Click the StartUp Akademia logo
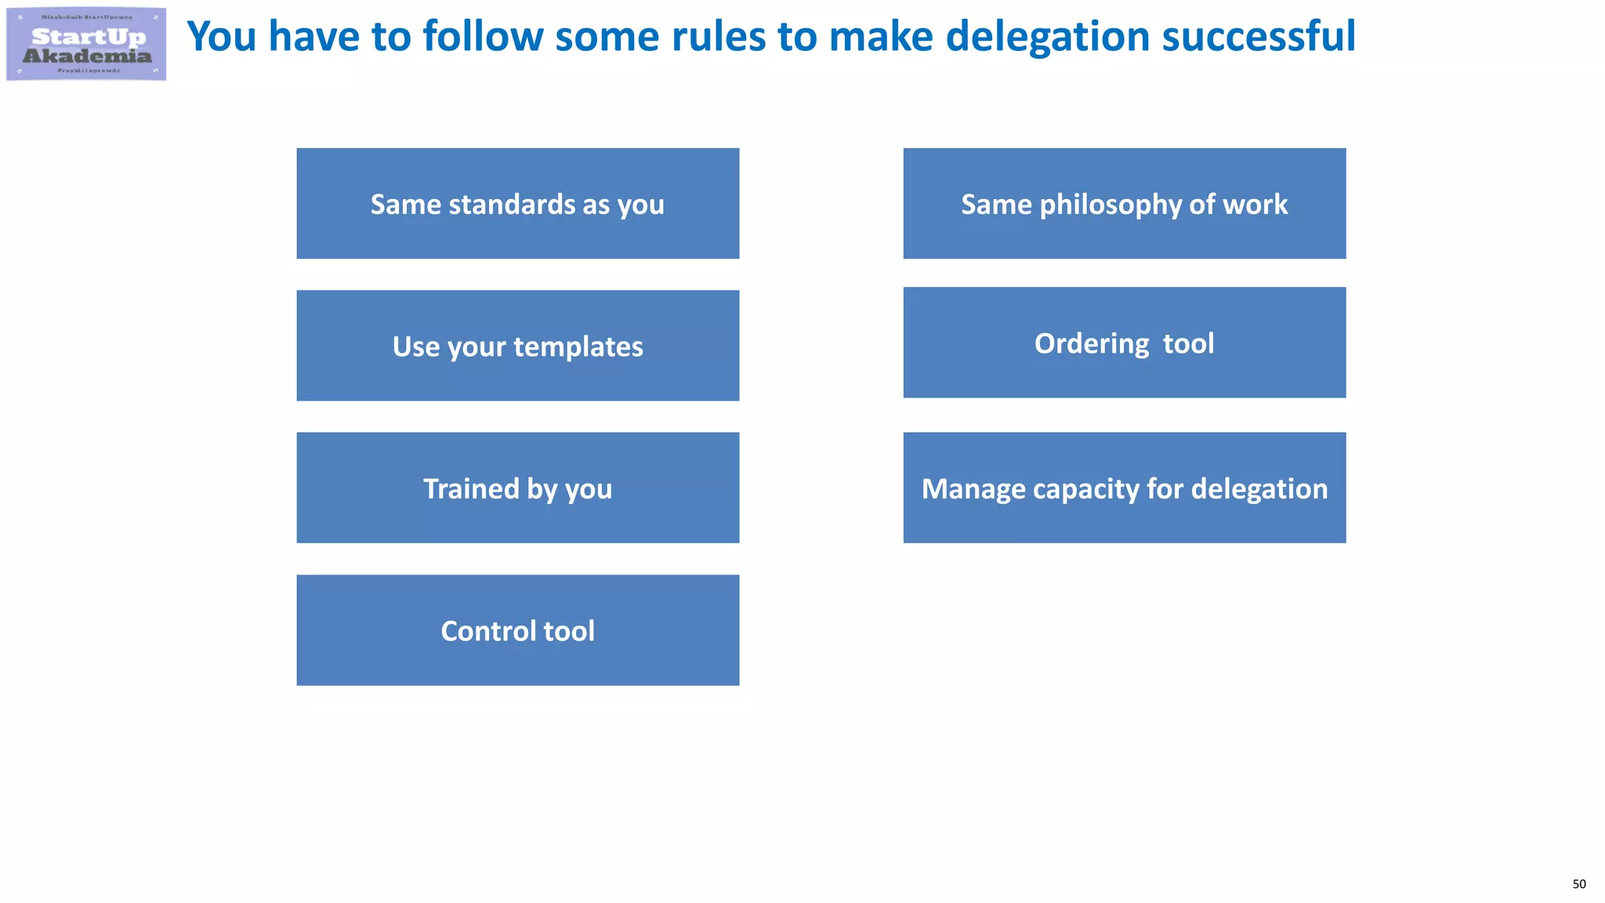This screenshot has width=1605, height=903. [x=86, y=45]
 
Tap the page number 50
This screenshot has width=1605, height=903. [x=1578, y=884]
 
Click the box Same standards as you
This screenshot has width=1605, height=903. [x=517, y=204]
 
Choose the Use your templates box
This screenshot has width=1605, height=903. [x=517, y=346]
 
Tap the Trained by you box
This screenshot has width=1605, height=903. [x=517, y=488]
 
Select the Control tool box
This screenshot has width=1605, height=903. [x=517, y=630]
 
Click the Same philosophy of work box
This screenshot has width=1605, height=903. [x=1124, y=204]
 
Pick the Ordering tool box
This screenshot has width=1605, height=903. [x=1124, y=343]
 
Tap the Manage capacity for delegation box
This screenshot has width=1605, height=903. [x=1124, y=488]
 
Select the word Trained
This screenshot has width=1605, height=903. [x=471, y=488]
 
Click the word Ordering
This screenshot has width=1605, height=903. [x=1092, y=344]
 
